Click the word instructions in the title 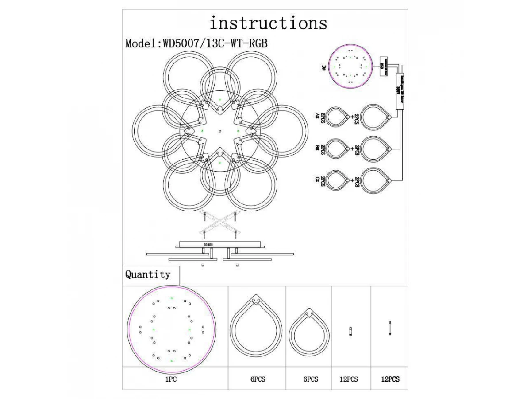tap(268, 23)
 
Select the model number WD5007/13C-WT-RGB tap(215, 43)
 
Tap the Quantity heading tap(148, 275)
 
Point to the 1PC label tap(171, 379)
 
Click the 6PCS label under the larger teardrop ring tap(257, 379)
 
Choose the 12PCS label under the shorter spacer tap(349, 379)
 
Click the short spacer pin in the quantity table tap(350, 332)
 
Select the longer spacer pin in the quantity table tap(390, 329)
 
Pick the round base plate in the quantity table tap(172, 330)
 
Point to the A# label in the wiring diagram tap(317, 116)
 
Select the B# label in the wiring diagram tap(317, 148)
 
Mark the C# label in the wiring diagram tap(317, 180)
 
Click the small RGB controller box tap(383, 66)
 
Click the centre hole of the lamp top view tap(220, 131)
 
